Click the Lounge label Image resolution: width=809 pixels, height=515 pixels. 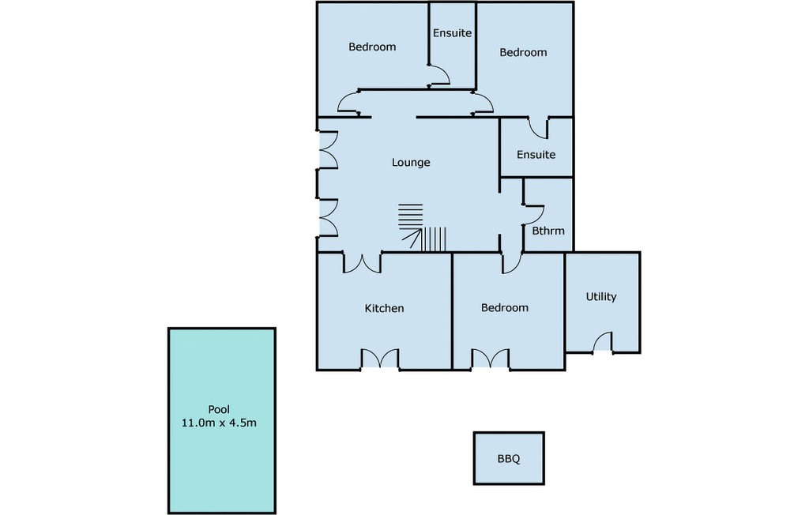(x=411, y=163)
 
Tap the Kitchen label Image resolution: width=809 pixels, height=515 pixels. (x=385, y=309)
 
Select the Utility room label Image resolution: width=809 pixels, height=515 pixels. (x=601, y=297)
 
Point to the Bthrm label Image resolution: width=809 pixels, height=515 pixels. (x=548, y=231)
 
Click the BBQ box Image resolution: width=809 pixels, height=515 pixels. (x=509, y=458)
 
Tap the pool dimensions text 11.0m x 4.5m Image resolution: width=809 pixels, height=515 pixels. (x=219, y=423)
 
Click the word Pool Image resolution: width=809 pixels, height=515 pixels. (x=219, y=410)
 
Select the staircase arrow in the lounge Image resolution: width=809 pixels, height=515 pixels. (x=412, y=239)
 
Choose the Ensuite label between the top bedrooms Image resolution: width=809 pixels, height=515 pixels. (x=452, y=33)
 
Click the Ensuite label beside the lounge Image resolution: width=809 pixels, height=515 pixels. (x=536, y=155)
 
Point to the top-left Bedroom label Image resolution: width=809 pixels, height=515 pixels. (x=372, y=47)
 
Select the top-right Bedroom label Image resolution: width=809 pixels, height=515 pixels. (x=523, y=53)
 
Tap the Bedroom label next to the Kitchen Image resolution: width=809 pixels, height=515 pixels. (x=505, y=308)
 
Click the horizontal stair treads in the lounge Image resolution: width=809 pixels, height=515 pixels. (x=411, y=215)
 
